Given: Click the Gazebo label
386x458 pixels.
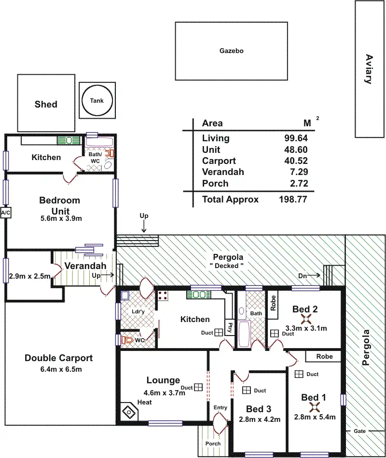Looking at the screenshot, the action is [x=231, y=51].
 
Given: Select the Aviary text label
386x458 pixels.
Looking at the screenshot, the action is [x=369, y=69].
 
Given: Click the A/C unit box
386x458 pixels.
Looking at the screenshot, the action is [x=6, y=213].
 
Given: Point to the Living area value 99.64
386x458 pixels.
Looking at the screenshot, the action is [x=296, y=138].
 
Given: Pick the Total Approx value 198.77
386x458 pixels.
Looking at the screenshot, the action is [x=293, y=199].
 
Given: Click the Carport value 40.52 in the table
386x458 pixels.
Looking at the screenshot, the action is [x=296, y=161].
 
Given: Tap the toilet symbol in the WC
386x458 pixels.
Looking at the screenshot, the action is [x=127, y=340].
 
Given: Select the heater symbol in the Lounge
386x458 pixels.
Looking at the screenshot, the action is [x=128, y=412].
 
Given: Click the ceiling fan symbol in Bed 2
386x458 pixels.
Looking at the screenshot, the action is [x=305, y=319].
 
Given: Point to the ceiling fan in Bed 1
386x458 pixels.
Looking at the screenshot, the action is [x=315, y=407].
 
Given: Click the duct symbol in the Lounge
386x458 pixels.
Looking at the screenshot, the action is [x=199, y=387].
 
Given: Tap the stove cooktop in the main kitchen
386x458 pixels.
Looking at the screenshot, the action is [x=163, y=296].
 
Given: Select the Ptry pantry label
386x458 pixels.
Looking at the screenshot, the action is [x=230, y=327].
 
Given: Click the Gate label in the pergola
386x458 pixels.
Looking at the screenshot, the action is [x=359, y=431].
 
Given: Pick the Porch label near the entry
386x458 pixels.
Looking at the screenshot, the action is [x=213, y=444].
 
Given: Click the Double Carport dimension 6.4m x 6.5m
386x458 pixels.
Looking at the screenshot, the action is [x=61, y=369].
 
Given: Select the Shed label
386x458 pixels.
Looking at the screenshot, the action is [x=46, y=104].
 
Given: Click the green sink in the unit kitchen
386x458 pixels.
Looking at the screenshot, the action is [x=69, y=140].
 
